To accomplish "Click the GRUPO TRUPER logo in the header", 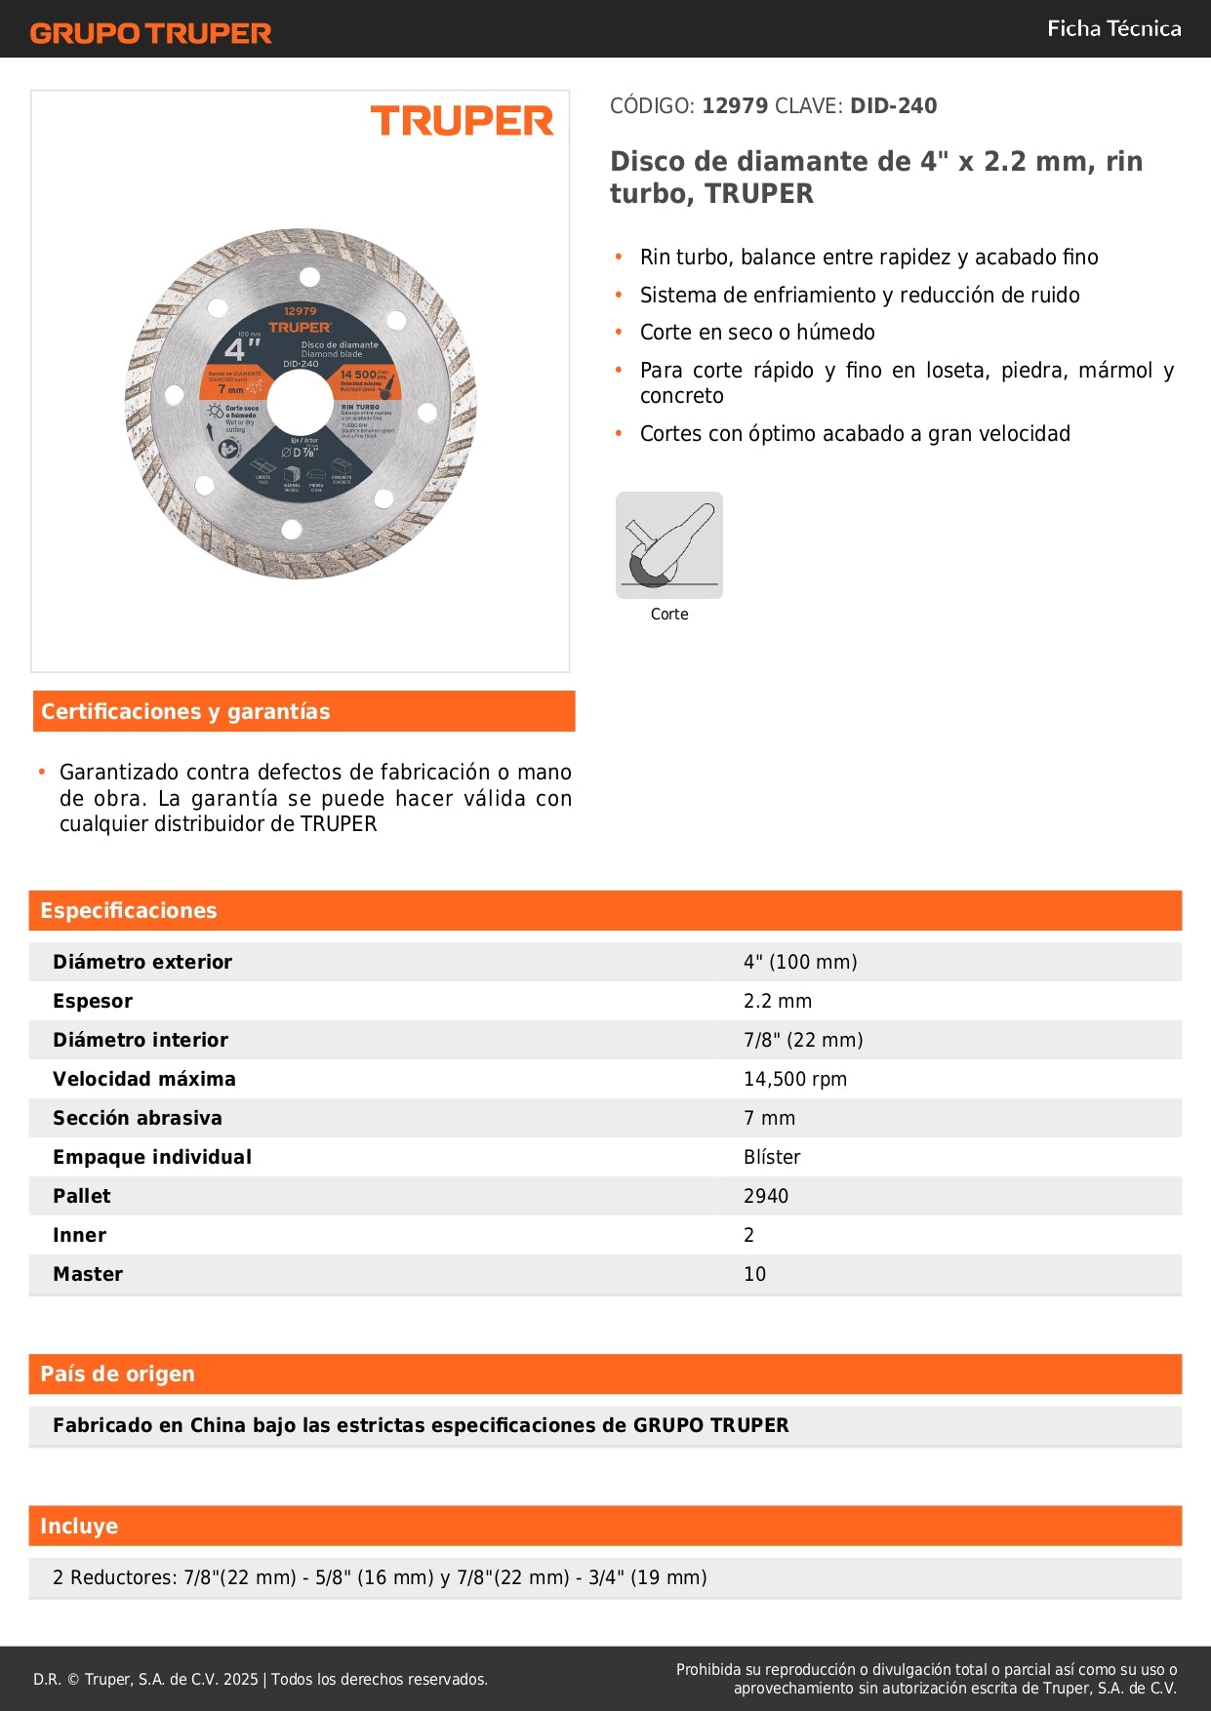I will point(150,33).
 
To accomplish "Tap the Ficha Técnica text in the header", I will point(1113,28).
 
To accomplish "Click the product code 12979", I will point(735,105).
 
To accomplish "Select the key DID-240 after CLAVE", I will point(893,105).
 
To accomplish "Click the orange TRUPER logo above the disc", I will point(462,121).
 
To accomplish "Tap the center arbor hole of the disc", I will point(300,402).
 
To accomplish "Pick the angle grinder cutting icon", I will point(669,544).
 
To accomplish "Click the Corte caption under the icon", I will point(669,614).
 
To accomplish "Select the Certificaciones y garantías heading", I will point(185,711).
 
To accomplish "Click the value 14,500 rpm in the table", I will point(794,1079).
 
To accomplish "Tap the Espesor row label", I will point(93,1001).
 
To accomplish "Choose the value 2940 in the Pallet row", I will point(765,1196).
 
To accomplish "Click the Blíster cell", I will point(771,1157).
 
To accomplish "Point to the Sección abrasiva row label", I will point(138,1118).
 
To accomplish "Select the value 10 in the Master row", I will point(754,1274).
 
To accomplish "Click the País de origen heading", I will point(117,1373).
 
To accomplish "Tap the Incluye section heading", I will point(79,1526).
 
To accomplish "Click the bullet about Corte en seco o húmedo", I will point(756,333).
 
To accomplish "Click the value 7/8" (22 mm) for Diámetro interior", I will point(802,1040).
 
